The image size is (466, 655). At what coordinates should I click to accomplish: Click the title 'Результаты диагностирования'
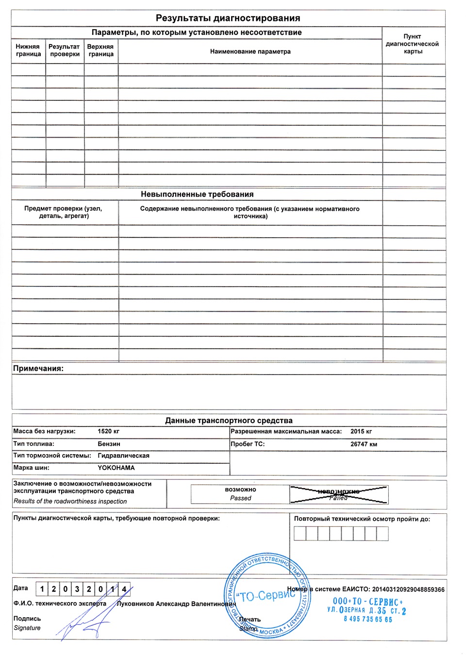click(228, 18)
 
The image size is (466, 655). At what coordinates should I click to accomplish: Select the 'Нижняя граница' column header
click(28, 50)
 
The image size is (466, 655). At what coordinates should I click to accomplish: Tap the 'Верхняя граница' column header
click(100, 50)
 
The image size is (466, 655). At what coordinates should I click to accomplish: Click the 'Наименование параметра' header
click(250, 51)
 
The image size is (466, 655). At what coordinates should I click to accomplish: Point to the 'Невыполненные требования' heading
click(197, 194)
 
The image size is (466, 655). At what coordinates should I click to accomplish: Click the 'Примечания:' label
click(38, 369)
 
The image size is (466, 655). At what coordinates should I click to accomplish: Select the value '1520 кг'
click(108, 431)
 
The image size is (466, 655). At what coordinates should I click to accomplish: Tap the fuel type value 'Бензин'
click(109, 444)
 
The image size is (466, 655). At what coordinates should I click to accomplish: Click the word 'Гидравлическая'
click(123, 456)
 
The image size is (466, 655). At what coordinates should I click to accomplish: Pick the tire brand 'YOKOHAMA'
click(116, 468)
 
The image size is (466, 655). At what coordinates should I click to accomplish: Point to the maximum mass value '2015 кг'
click(361, 431)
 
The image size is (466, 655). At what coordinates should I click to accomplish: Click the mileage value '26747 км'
click(364, 444)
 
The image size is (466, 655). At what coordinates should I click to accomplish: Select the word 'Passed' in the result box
click(240, 498)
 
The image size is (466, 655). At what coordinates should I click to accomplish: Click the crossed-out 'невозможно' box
click(339, 494)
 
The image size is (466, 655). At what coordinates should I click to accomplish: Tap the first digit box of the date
click(42, 589)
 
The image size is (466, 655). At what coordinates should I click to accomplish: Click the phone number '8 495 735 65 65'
click(367, 619)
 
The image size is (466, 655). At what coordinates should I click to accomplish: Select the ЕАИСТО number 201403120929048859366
click(408, 589)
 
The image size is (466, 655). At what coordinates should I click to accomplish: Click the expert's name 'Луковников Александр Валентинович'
click(176, 604)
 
